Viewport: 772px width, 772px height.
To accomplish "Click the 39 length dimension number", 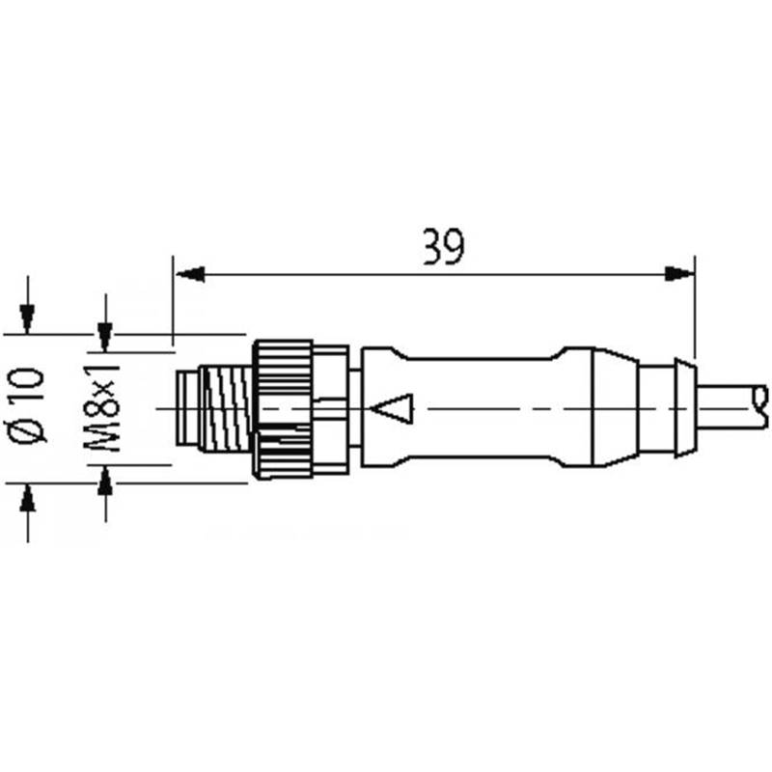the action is coord(443,247).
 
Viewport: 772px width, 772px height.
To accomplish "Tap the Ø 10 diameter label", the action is coord(28,405).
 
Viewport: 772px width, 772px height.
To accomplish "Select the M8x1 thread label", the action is coord(101,407).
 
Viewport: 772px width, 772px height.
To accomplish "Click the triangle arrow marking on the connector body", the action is coord(392,408).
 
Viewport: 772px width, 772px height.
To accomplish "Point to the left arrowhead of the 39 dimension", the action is coord(190,274).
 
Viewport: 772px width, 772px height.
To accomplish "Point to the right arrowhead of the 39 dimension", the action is coord(679,274).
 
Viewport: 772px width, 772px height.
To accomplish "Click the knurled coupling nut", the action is coord(282,408).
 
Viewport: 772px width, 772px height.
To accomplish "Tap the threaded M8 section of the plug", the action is coord(227,408).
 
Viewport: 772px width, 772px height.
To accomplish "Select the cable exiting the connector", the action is coord(729,408).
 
